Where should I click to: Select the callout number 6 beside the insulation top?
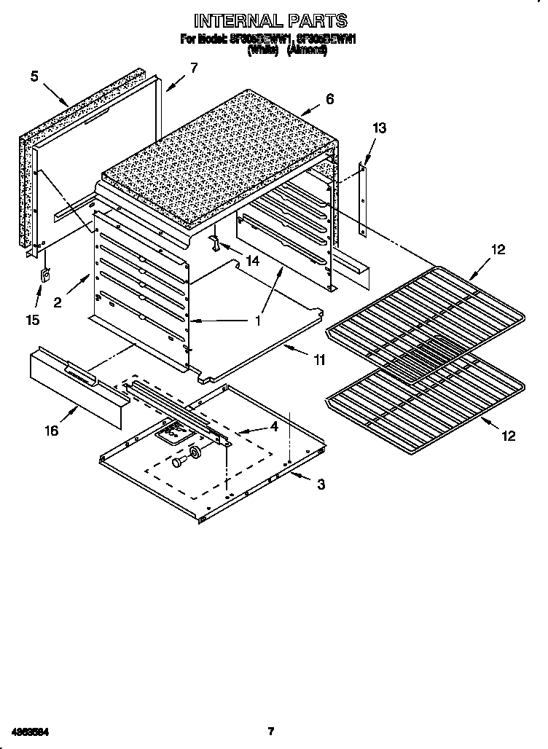[x=330, y=99]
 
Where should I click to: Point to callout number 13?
[x=379, y=128]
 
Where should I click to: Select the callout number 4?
[x=273, y=426]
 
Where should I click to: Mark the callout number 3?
[x=321, y=485]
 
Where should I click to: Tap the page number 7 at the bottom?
[x=270, y=731]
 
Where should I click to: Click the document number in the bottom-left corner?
[x=30, y=731]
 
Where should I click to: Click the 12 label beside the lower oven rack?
[x=509, y=436]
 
